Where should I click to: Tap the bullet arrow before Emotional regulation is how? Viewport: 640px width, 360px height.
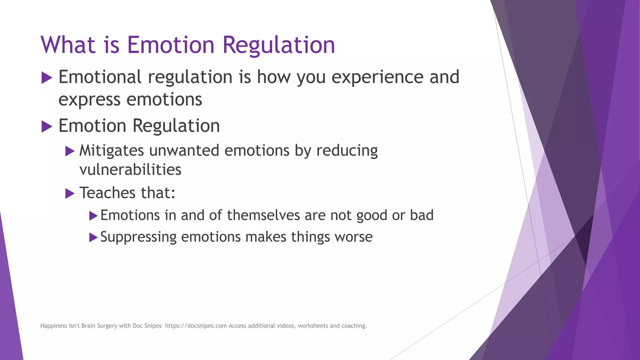(x=47, y=77)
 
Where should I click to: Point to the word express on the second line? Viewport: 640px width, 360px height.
(x=89, y=100)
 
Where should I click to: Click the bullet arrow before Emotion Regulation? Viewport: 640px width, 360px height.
(x=47, y=127)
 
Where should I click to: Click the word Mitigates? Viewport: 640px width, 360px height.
(x=112, y=151)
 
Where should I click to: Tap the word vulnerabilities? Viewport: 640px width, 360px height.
(x=130, y=170)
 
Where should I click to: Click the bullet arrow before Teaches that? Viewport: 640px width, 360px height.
(x=70, y=194)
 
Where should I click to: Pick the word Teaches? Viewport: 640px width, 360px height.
(x=107, y=193)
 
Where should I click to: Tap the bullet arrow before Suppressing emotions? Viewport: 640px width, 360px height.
(x=93, y=237)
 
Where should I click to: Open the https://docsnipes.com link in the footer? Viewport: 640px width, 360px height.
(x=196, y=326)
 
